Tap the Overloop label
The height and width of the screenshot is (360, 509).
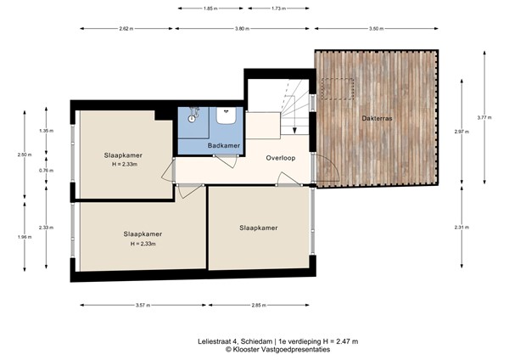coord(280,158)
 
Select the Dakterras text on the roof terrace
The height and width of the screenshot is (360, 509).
coord(376,117)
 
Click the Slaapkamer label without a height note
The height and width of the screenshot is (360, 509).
coord(259,228)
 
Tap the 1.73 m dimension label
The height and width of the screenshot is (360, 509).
coord(277,8)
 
